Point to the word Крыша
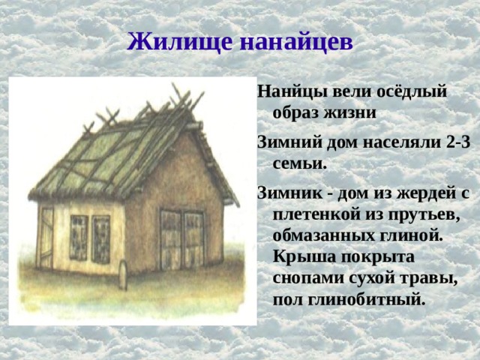[x=300, y=255]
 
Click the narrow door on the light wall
[x=46, y=238]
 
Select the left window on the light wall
[x=79, y=236]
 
